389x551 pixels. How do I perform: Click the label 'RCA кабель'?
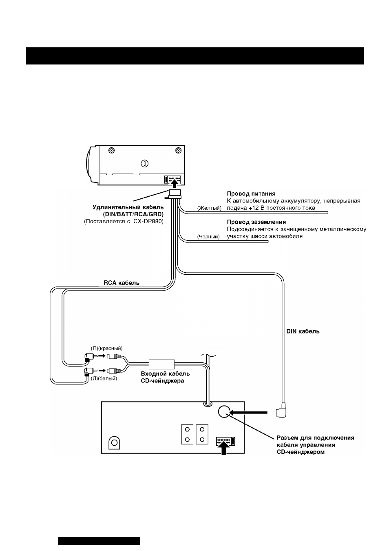pos(122,282)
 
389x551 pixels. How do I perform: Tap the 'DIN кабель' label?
pos(303,331)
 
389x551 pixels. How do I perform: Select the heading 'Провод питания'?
pos(251,193)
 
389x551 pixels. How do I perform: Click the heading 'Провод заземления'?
pos(256,222)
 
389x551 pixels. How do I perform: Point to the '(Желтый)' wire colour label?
pos(209,208)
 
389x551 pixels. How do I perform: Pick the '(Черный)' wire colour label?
pos(208,237)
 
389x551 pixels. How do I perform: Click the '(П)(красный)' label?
pos(107,348)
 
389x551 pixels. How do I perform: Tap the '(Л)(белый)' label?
pos(104,379)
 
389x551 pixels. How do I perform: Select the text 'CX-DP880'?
pos(148,221)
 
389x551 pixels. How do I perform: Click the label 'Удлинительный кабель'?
pos(128,207)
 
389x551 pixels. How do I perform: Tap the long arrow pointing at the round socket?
pos(248,413)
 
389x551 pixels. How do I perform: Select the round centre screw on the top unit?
pos(144,163)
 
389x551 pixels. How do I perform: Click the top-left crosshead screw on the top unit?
pos(112,150)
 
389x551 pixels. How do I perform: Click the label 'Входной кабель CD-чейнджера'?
pos(165,377)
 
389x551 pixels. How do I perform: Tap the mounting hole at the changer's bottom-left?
pos(114,442)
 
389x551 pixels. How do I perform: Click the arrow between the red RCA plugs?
pos(102,356)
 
